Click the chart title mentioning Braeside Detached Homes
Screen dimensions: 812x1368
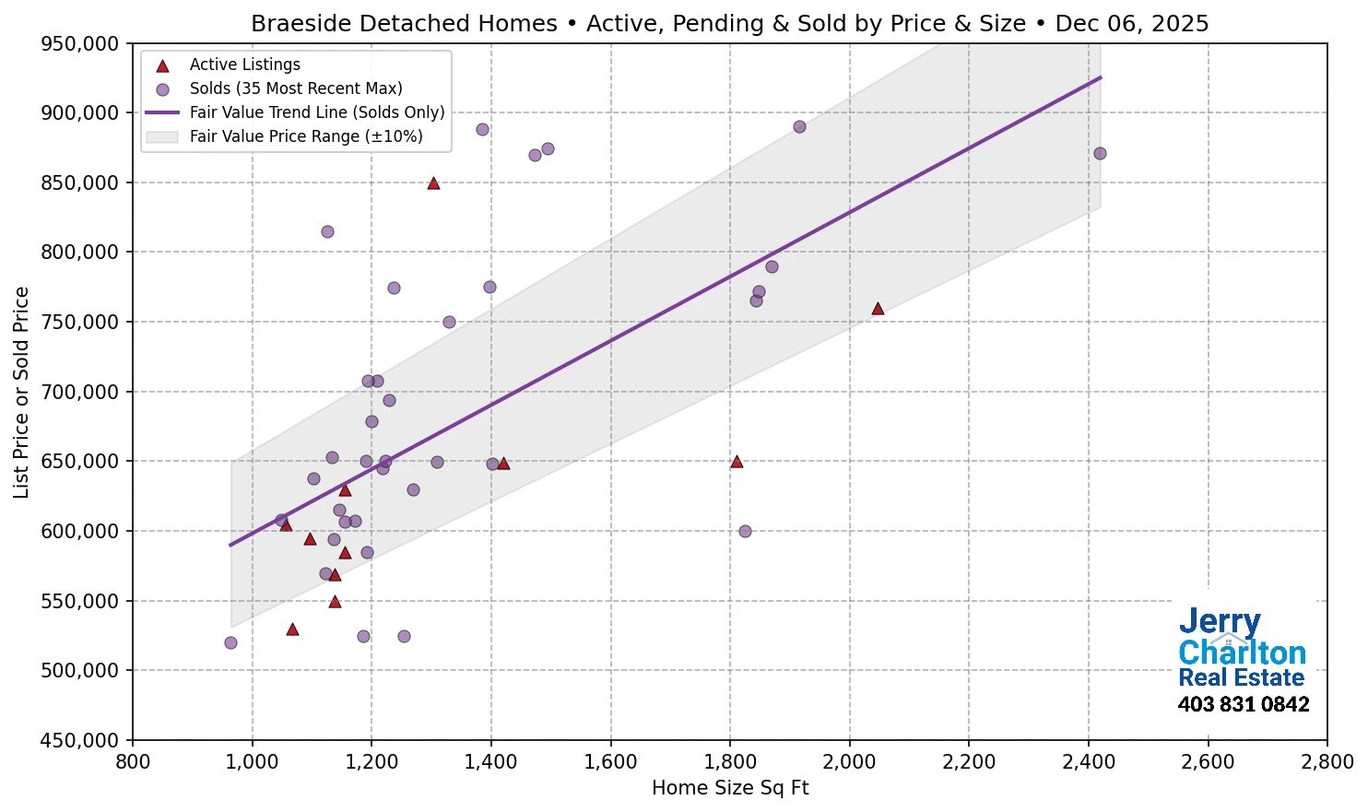pyautogui.click(x=729, y=23)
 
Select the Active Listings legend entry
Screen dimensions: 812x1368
pyautogui.click(x=244, y=65)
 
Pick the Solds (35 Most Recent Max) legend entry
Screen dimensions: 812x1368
pyautogui.click(x=295, y=88)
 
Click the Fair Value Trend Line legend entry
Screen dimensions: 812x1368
pyautogui.click(x=316, y=112)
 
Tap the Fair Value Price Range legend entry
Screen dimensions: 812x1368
pyautogui.click(x=305, y=136)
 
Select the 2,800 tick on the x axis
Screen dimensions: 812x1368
pyautogui.click(x=1327, y=762)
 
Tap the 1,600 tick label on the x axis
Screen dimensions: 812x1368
pyautogui.click(x=610, y=762)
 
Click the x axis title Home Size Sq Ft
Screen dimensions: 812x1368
pyautogui.click(x=729, y=788)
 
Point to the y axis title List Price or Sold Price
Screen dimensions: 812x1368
pyautogui.click(x=22, y=392)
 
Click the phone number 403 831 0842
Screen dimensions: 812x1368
pyautogui.click(x=1243, y=705)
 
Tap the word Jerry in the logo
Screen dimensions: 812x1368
pyautogui.click(x=1219, y=622)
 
